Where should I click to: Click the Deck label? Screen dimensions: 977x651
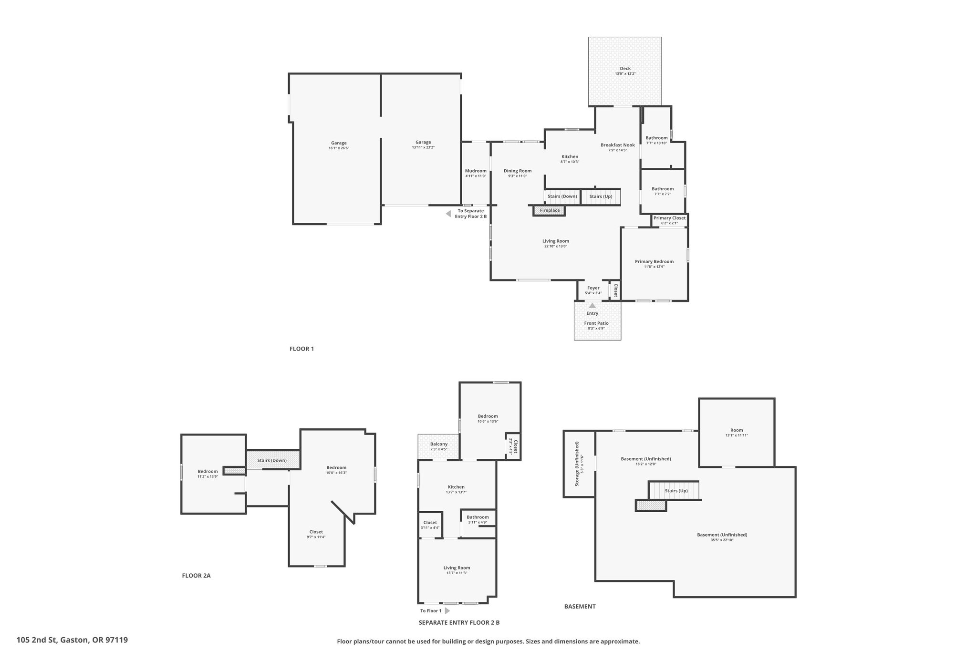[625, 69]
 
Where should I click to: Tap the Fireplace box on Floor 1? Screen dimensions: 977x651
[549, 210]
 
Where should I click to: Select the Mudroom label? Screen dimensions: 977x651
[476, 171]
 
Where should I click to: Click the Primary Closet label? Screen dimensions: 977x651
[669, 218]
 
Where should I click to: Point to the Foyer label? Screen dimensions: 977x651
[593, 288]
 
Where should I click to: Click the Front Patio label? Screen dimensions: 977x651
[596, 323]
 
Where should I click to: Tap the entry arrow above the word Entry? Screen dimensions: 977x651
[592, 306]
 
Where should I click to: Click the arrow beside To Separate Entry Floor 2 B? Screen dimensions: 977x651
[448, 214]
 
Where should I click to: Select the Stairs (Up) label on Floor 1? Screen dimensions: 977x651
[601, 196]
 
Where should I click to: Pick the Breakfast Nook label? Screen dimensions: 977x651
[618, 145]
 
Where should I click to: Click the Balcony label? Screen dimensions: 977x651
[439, 444]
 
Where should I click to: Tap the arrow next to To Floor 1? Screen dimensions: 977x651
[447, 610]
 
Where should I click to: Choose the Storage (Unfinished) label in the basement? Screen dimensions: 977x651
[577, 464]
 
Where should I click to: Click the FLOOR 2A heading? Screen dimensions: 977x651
[196, 576]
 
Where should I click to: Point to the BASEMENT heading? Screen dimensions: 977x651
[580, 607]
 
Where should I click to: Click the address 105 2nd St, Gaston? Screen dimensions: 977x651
[72, 640]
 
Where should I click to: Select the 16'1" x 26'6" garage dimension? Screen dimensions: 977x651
[339, 148]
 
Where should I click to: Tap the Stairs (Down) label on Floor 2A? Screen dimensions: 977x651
[272, 460]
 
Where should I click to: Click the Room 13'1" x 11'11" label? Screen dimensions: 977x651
[737, 433]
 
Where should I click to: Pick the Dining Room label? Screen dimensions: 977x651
[518, 171]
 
